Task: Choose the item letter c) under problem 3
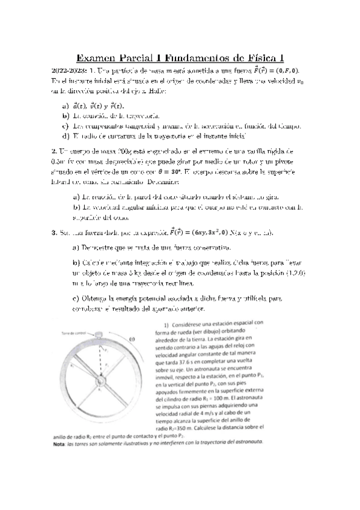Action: point(76,299)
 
